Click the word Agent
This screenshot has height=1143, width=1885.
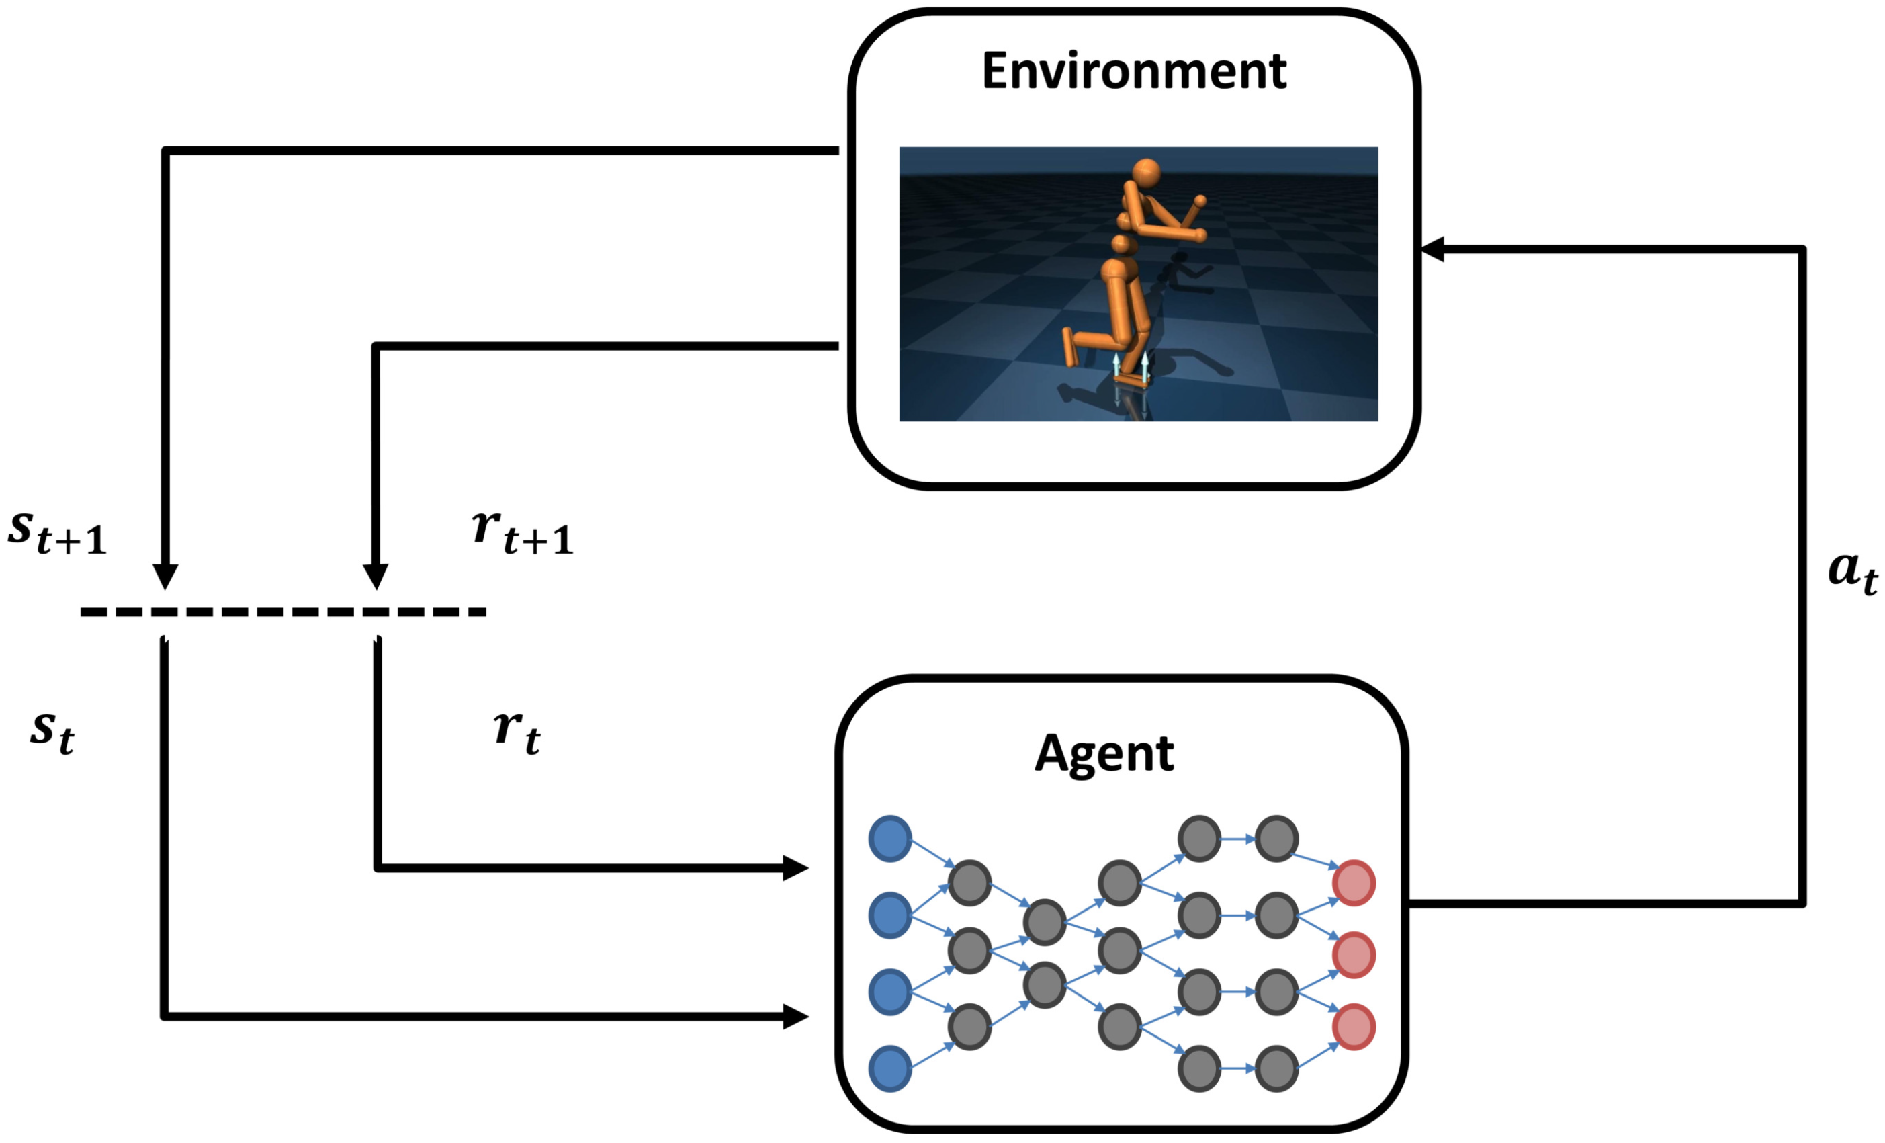point(1104,755)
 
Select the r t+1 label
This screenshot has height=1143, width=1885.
point(523,532)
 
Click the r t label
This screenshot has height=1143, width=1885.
point(517,731)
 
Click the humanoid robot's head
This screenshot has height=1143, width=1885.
point(1146,173)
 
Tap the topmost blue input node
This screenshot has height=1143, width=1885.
point(889,839)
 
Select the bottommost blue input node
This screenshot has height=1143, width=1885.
point(889,1069)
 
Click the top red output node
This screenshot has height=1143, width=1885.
point(1354,883)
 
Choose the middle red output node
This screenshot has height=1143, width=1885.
point(1354,955)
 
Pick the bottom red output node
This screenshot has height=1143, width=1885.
point(1354,1027)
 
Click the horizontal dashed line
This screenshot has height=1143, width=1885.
point(283,611)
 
